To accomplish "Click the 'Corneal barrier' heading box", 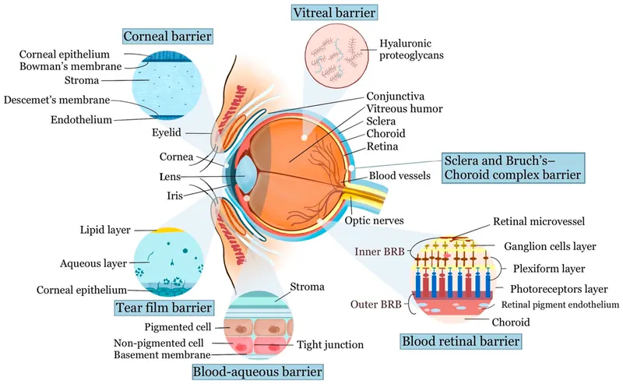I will click(x=167, y=36).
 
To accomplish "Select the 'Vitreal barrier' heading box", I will click(x=334, y=12).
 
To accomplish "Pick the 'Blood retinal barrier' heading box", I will click(x=460, y=341).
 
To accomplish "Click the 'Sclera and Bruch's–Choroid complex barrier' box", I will click(x=513, y=167).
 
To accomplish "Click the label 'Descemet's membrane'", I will click(x=57, y=100).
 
